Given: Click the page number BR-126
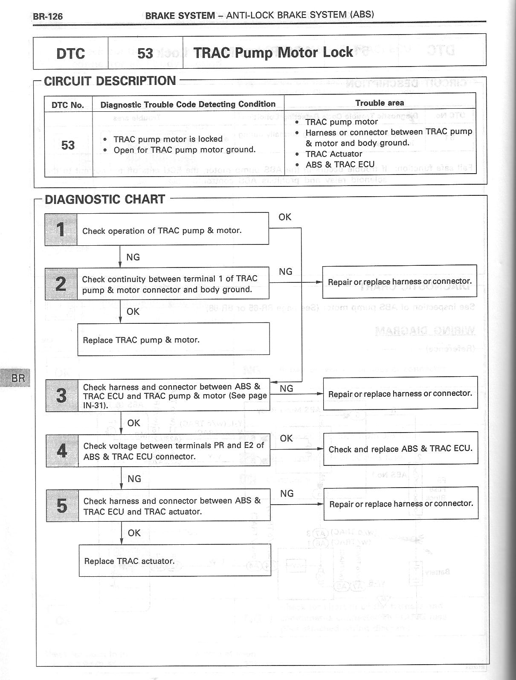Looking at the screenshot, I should pos(48,16).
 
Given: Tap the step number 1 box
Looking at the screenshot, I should pos(61,230).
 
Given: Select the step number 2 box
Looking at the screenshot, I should pos(61,284).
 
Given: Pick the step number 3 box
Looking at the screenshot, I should pos(62,395).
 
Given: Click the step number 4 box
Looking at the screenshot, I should pos(62,451).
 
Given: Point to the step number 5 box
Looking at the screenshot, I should pos(62,506).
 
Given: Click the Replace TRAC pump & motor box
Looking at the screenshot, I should pos(173,339).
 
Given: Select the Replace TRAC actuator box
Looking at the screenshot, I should pos(175,560).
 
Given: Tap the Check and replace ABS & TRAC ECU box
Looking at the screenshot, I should pos(400,448).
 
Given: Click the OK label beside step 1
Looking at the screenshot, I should pos(285,217).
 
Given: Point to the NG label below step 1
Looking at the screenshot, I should pos(133,257).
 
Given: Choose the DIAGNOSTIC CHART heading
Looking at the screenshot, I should pos(105,199).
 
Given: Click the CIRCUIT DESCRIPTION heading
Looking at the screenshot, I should pos(110,81).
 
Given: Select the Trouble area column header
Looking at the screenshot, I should pos(380,103).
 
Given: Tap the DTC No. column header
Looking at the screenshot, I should pos(68,105).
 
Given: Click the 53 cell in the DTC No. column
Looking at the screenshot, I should pos(68,145).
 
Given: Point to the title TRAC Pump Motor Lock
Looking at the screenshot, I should pos(273,52).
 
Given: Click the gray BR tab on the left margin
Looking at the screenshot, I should pos(17,377).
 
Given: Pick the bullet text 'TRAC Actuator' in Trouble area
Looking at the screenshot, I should pos(333,154).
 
